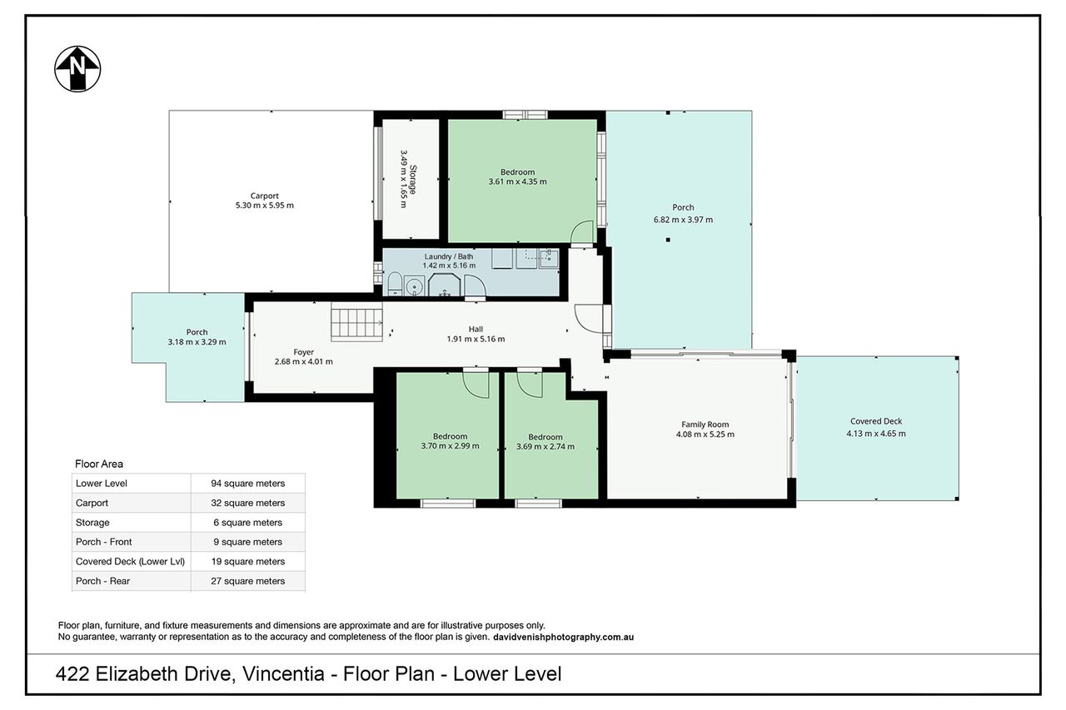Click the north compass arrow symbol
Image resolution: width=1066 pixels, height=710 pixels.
tap(77, 69)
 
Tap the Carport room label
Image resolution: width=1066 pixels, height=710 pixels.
tap(265, 196)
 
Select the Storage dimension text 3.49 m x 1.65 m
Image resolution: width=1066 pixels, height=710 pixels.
tap(404, 179)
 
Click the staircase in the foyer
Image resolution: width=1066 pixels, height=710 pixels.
tap(357, 325)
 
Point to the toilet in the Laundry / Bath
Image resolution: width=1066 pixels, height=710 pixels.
tap(395, 285)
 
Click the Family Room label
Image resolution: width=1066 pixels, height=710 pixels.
tap(705, 425)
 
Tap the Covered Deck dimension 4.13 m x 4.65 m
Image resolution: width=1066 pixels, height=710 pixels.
tap(876, 433)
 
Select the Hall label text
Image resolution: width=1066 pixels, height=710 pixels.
tap(476, 329)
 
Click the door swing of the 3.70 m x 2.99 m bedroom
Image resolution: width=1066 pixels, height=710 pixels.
tap(476, 385)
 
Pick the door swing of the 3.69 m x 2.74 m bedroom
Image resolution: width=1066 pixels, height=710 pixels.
tap(530, 385)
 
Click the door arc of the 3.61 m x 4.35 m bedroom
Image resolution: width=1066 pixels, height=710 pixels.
tap(581, 232)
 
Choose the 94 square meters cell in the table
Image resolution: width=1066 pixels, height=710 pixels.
tap(248, 483)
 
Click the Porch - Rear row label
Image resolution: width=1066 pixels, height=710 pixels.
tap(102, 581)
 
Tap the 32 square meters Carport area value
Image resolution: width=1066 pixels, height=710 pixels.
tap(248, 503)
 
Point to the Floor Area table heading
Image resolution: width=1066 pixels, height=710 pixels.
tap(99, 464)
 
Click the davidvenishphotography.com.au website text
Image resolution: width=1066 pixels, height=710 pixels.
tap(564, 637)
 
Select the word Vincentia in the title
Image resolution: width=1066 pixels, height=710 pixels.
tap(284, 674)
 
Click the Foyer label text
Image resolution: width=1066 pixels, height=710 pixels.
tap(304, 352)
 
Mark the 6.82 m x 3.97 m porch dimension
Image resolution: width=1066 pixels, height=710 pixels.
tap(684, 220)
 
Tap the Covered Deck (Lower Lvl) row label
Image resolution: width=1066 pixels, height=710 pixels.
tap(131, 561)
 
